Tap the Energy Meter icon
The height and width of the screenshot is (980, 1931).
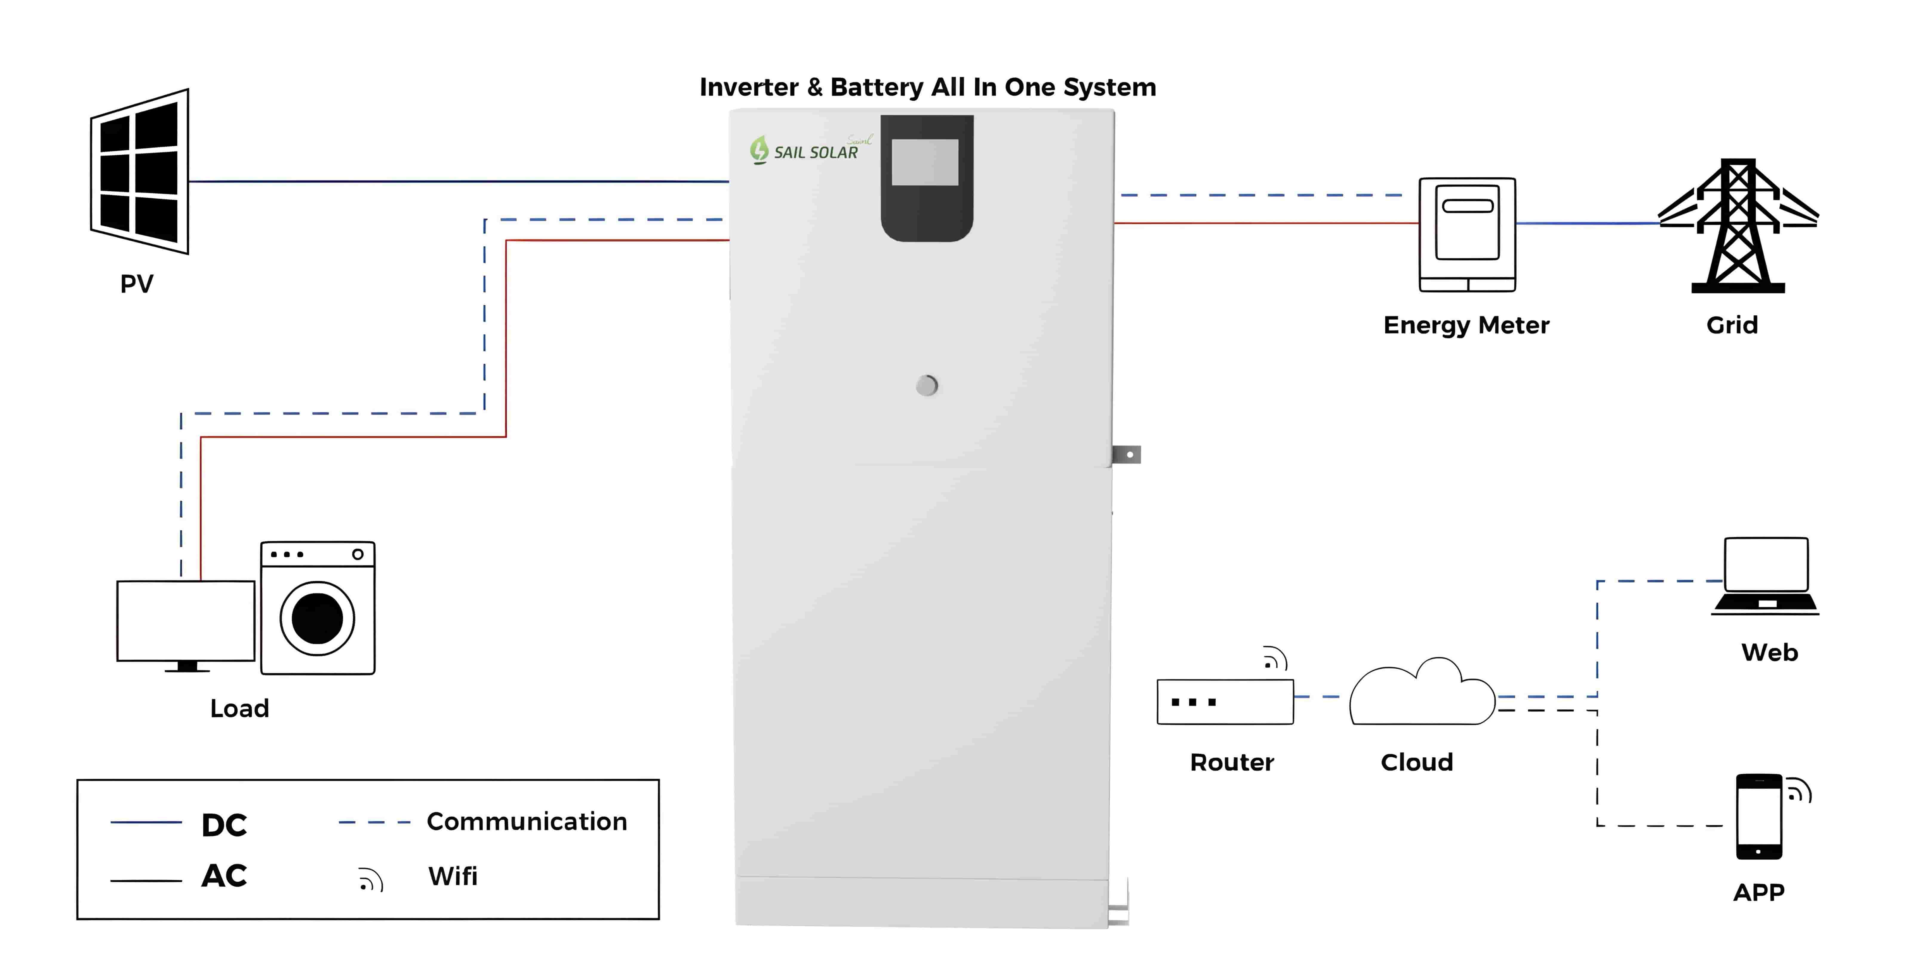tap(1467, 234)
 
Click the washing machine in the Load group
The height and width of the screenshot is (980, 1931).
tap(318, 607)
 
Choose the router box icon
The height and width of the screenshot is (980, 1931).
tap(1225, 702)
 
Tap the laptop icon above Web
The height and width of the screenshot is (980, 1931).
tap(1765, 576)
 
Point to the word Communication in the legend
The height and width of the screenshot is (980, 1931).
tap(526, 822)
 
